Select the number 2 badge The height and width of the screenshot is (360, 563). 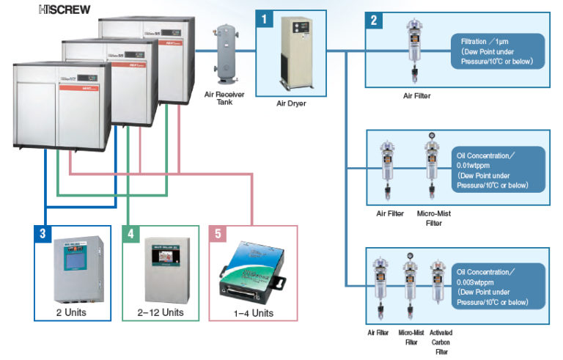(374, 20)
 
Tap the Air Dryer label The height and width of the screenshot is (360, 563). (291, 103)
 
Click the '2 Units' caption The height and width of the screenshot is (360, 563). (72, 312)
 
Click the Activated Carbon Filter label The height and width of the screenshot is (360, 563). (440, 342)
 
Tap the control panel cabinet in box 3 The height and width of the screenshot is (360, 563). (72, 268)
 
